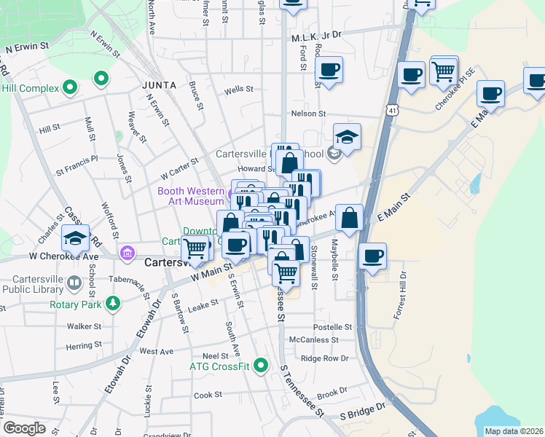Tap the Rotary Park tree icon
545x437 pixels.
(113, 302)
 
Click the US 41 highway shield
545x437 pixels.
(393, 110)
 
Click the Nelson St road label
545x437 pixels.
(307, 114)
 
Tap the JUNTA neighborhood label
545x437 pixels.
(160, 85)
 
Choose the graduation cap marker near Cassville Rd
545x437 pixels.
(76, 237)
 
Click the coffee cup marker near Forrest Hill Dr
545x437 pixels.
(372, 256)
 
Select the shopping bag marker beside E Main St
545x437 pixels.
(350, 217)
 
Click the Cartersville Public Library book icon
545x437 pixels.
(74, 282)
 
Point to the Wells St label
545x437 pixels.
(238, 90)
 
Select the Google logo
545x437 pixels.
(24, 428)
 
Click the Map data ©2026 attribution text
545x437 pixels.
(514, 431)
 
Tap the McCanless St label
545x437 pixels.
(314, 339)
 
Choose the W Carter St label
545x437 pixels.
(179, 170)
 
